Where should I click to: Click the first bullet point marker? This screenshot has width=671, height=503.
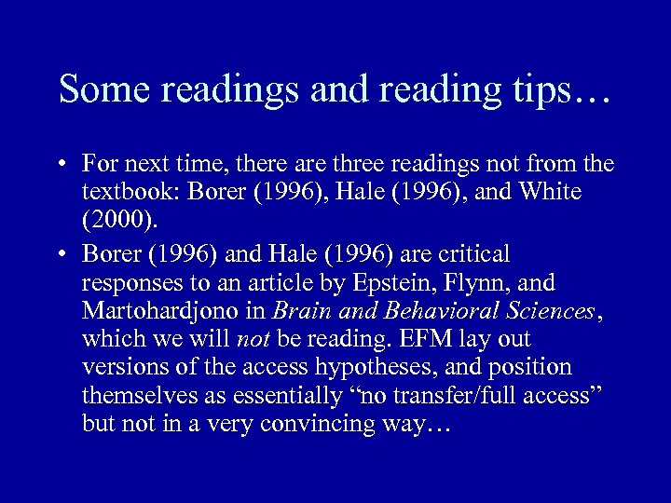click(59, 166)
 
